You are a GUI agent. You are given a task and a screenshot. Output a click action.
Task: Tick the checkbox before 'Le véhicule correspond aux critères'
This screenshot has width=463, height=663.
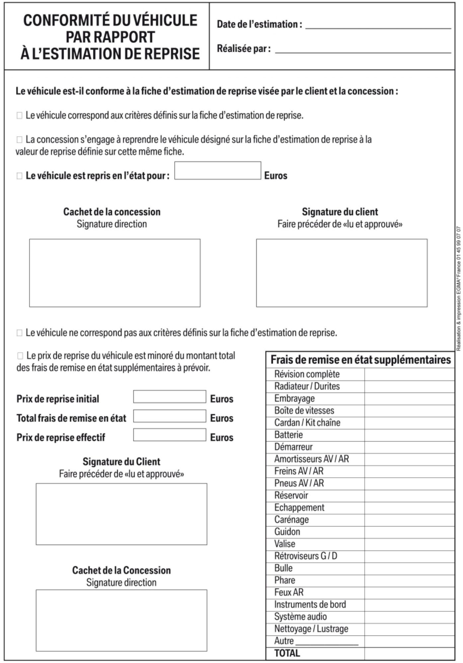click(19, 116)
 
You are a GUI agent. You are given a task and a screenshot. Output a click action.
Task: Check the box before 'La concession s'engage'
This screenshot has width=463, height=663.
click(19, 140)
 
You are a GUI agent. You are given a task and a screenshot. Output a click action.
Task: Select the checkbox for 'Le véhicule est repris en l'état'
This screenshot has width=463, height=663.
click(19, 176)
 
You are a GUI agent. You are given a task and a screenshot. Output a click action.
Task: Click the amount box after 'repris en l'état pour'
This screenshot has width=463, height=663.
click(218, 171)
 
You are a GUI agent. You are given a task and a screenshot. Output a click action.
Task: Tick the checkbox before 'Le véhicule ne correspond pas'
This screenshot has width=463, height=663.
click(19, 333)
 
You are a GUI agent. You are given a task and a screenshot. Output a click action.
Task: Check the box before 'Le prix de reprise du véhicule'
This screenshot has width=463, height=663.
click(20, 356)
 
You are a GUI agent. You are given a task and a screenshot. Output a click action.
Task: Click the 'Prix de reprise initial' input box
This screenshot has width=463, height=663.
click(170, 397)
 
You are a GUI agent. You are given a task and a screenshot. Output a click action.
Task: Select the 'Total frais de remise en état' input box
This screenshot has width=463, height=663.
click(170, 416)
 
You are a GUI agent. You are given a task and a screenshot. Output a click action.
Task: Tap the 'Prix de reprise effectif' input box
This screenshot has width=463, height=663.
click(170, 435)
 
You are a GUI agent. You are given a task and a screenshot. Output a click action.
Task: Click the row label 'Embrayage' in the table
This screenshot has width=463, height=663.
click(294, 398)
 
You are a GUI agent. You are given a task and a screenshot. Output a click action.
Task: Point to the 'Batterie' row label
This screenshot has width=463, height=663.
click(288, 435)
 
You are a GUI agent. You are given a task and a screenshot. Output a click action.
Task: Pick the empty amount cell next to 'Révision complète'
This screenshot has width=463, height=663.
click(409, 375)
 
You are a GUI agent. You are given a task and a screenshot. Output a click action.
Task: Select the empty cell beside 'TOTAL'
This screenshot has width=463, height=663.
click(409, 653)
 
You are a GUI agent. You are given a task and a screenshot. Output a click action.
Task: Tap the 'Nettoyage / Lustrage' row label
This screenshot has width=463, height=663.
click(311, 629)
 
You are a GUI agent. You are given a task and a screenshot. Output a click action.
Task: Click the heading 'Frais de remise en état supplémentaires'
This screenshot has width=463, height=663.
click(360, 360)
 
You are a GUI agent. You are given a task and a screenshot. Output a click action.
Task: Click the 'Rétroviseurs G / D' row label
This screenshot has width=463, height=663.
click(306, 556)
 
